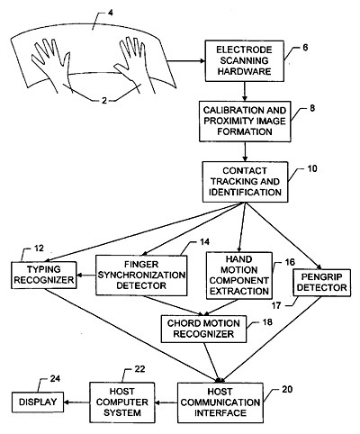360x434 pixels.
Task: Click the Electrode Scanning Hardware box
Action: [244, 61]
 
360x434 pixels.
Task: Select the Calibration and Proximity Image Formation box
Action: [245, 122]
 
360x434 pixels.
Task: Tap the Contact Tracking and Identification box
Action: [245, 182]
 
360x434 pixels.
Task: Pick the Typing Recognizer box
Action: [44, 275]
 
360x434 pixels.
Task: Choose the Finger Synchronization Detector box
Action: [141, 276]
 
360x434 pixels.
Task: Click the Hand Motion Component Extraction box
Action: [239, 276]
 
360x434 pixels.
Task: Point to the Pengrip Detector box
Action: [321, 283]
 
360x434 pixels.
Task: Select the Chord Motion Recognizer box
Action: [203, 329]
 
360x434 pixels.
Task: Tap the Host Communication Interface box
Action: [220, 402]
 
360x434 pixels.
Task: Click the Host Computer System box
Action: [122, 402]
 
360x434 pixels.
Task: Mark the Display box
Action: [38, 402]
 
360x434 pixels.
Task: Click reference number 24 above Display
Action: [55, 378]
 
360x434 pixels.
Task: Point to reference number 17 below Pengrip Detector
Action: [276, 305]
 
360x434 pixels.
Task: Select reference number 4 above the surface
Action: [111, 14]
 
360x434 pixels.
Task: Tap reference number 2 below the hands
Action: [104, 100]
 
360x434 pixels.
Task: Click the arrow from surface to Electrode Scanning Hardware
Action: [186, 61]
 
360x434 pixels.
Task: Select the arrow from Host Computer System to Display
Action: [76, 402]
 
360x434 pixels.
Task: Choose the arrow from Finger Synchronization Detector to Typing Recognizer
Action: [86, 275]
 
